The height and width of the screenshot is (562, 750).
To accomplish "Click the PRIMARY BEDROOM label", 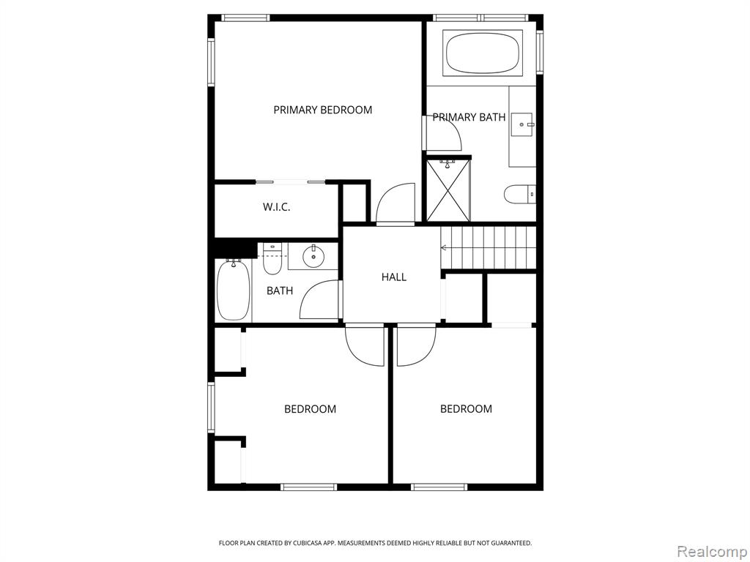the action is point(323,110).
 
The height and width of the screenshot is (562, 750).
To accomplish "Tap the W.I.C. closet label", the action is point(276,207).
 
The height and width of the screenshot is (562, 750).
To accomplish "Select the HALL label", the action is point(394,277).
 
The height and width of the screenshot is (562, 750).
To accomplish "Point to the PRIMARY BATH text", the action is point(469,117).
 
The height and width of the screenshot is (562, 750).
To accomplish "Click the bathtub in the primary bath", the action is point(483,53).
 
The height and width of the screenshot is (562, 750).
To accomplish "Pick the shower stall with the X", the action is point(448,191).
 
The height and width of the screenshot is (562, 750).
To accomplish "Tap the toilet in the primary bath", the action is point(520,193).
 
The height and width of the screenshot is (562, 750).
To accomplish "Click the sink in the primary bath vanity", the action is point(522,124).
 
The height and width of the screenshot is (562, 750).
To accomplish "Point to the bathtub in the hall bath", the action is point(234,290).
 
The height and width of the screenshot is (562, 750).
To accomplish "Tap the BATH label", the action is point(280,291).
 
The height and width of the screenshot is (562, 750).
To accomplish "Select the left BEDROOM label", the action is point(310,409).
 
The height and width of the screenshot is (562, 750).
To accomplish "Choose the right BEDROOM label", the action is point(466,408).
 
